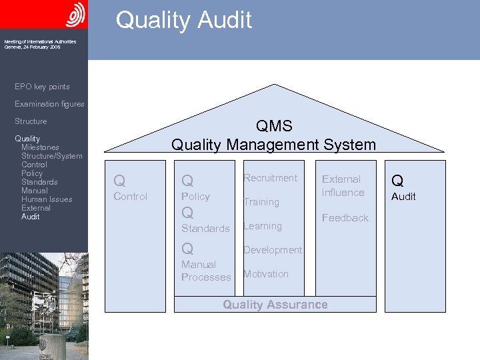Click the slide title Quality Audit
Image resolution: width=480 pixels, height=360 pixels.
click(x=184, y=20)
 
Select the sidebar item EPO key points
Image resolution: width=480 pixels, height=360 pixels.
click(x=42, y=87)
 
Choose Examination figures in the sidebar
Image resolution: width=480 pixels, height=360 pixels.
click(x=49, y=104)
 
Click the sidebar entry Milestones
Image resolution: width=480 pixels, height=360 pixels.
click(x=40, y=147)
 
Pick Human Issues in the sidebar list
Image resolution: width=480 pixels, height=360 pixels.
click(x=47, y=199)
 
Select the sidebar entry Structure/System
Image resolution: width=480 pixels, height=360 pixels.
click(x=52, y=156)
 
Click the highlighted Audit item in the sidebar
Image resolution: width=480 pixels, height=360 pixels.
click(x=31, y=217)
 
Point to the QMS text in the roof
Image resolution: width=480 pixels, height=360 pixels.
click(x=273, y=126)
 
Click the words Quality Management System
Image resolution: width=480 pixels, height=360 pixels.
click(x=273, y=144)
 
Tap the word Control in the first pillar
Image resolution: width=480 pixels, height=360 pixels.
click(x=131, y=197)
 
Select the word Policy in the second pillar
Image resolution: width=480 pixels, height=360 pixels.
click(x=195, y=197)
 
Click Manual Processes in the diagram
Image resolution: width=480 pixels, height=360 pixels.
click(x=206, y=271)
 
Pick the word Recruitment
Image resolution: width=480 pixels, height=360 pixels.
click(x=270, y=178)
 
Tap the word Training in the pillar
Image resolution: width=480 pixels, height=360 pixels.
click(x=261, y=202)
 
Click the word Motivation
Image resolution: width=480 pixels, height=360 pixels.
click(x=266, y=274)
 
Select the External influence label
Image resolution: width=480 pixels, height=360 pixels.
click(x=343, y=186)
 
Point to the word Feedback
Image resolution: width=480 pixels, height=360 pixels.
click(x=345, y=218)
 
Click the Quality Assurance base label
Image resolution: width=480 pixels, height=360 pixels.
click(x=275, y=305)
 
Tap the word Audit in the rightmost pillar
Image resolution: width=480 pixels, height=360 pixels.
click(x=403, y=197)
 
